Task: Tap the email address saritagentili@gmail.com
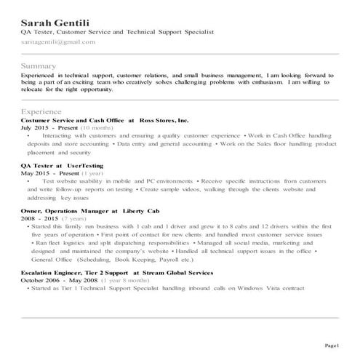coord(58,44)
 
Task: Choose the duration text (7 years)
coord(74,217)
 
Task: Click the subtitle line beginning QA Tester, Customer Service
coord(117,33)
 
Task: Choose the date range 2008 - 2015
coord(39,217)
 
